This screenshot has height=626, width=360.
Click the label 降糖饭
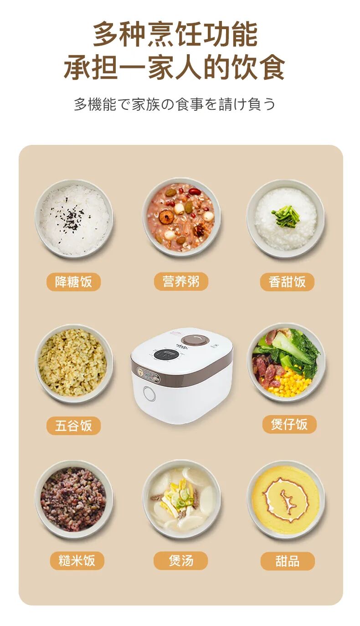click(73, 282)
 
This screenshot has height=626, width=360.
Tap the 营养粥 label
click(181, 282)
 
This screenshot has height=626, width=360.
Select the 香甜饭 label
click(287, 282)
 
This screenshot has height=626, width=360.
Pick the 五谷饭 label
click(73, 426)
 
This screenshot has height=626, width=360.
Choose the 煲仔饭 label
click(289, 425)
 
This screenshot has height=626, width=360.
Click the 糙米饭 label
click(77, 560)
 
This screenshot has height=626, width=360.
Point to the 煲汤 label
click(181, 560)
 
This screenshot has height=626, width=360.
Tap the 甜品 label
click(288, 561)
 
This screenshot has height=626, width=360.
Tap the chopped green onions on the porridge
click(286, 216)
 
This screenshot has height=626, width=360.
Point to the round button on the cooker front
click(149, 393)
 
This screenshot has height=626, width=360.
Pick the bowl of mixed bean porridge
click(181, 217)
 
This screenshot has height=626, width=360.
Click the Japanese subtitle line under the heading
click(175, 104)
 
